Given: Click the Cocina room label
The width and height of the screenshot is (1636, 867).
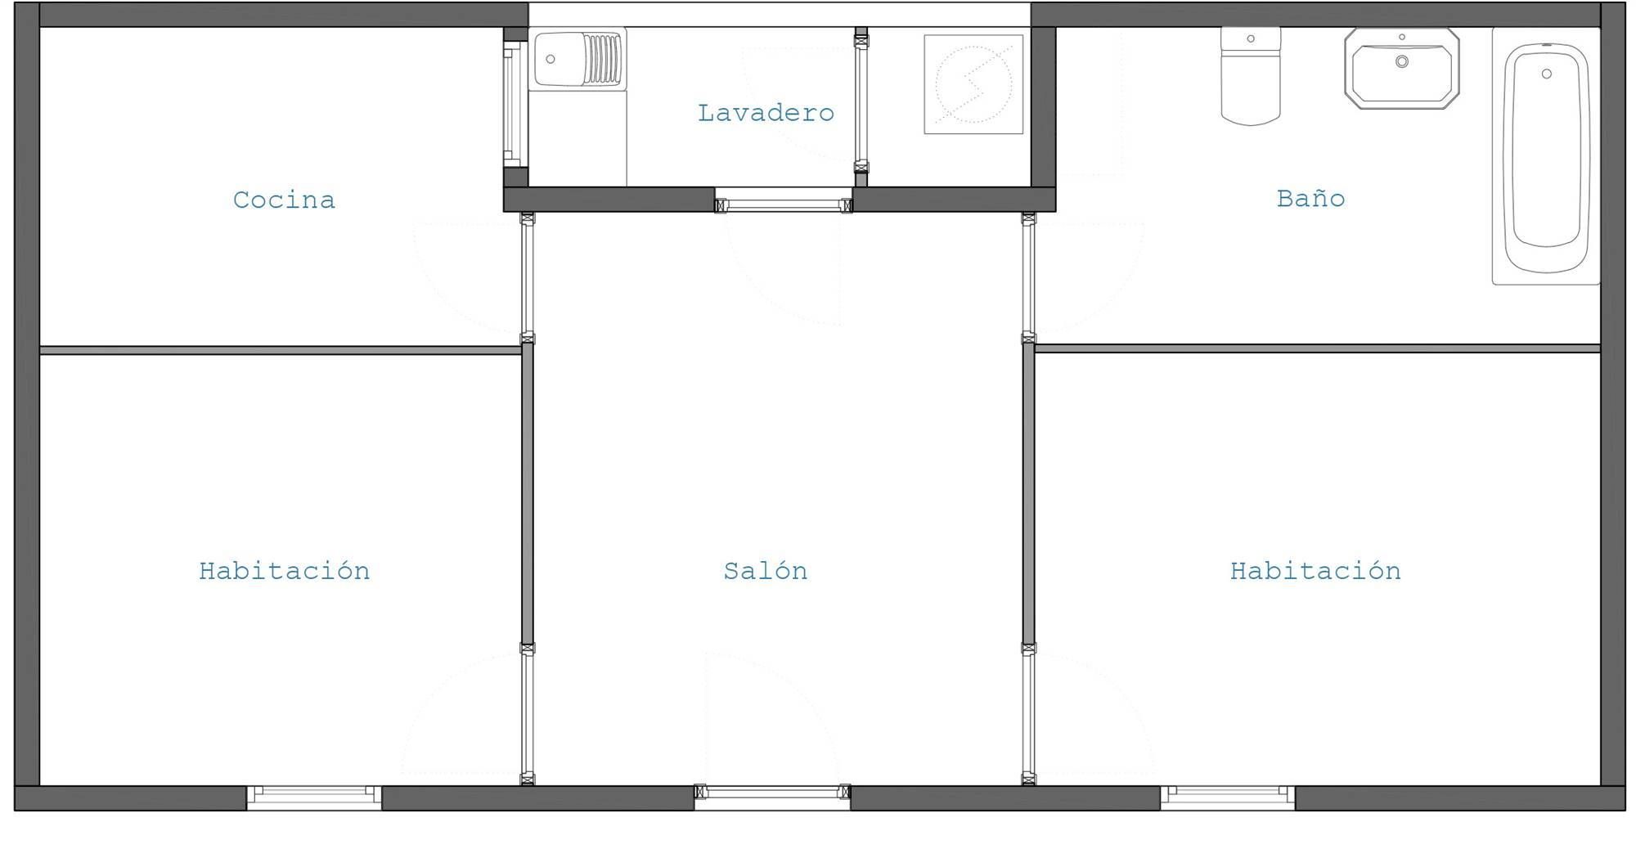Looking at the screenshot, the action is pyautogui.click(x=284, y=200).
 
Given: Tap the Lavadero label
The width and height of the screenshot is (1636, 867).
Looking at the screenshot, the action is pyautogui.click(x=766, y=113).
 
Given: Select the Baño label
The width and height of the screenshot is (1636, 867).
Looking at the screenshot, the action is pyautogui.click(x=1310, y=198).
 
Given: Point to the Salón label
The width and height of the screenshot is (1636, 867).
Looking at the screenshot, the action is pyautogui.click(x=766, y=570).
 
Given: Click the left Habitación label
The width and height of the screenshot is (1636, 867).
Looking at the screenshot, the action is pyautogui.click(x=284, y=570).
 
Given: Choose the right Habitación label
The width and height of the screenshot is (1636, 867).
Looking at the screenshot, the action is pyautogui.click(x=1315, y=570).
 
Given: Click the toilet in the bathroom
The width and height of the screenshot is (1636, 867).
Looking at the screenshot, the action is pyautogui.click(x=1251, y=76).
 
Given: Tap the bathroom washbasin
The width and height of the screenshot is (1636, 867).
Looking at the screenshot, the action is pyautogui.click(x=1402, y=69).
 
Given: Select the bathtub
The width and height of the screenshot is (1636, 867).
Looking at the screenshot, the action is pyautogui.click(x=1546, y=156).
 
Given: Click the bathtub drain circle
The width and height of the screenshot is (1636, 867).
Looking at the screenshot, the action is pyautogui.click(x=1546, y=74).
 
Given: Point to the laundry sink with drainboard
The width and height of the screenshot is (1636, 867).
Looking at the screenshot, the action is pyautogui.click(x=578, y=58).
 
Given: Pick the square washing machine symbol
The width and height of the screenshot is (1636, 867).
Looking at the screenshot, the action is pyautogui.click(x=973, y=84).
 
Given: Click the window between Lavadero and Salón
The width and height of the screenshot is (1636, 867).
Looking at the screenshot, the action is pyautogui.click(x=784, y=204).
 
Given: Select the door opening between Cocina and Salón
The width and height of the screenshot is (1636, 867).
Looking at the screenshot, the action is pyautogui.click(x=528, y=278).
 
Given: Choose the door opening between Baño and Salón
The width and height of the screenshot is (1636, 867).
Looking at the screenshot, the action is pyautogui.click(x=1028, y=278).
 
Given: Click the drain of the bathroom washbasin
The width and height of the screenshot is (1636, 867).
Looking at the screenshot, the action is pyautogui.click(x=1402, y=61).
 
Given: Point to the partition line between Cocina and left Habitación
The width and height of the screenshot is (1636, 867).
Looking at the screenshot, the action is pyautogui.click(x=281, y=350).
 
